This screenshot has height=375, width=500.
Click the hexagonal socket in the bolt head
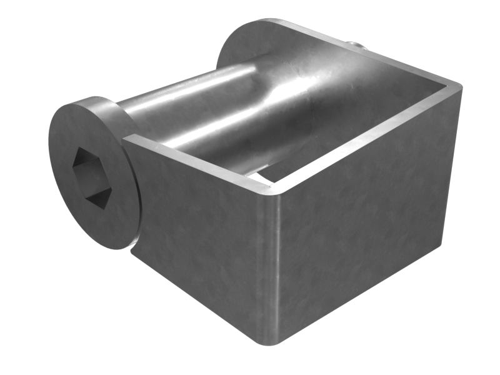pos(91,177)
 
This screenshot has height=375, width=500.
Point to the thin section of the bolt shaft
pos(181,106)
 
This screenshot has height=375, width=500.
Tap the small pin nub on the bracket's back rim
pos(354,44)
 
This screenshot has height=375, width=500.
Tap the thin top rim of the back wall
pos(387,56)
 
